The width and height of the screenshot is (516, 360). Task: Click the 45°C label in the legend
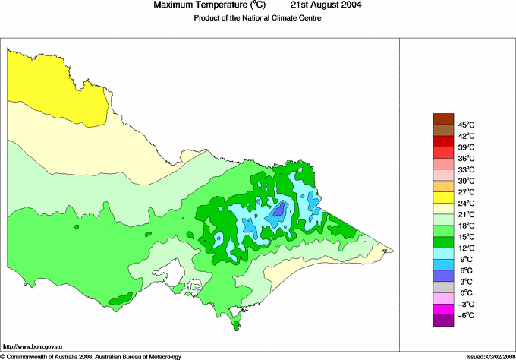(465, 125)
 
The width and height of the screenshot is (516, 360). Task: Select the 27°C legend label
(465, 192)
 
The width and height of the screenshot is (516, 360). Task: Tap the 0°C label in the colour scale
(465, 293)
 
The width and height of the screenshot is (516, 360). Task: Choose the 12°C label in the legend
(465, 248)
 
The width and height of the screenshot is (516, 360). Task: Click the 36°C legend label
(465, 158)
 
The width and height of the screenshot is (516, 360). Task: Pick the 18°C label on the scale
(465, 226)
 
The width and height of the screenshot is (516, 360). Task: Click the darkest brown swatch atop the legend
(442, 118)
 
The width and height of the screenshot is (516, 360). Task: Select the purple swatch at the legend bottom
(442, 321)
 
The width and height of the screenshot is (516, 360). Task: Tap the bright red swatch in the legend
(442, 141)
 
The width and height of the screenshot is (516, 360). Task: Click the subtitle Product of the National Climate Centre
(258, 18)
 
